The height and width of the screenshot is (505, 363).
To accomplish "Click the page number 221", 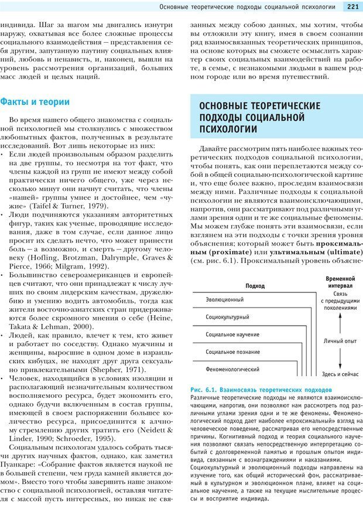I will pos(352,7).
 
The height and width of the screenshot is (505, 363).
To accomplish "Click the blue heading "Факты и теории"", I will pos(35,101).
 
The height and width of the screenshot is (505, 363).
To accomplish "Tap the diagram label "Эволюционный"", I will pos(225,299).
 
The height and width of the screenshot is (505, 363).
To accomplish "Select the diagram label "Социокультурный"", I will pos(228,317).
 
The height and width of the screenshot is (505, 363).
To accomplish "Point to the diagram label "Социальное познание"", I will pos(233,352).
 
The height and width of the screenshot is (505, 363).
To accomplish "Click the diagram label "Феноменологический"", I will pos(232,370).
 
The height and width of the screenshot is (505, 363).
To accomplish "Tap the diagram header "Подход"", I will pos(255,286).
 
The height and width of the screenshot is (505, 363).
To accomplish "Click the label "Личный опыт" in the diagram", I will pos(340,340).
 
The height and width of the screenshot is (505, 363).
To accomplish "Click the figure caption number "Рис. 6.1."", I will pos(204,390).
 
